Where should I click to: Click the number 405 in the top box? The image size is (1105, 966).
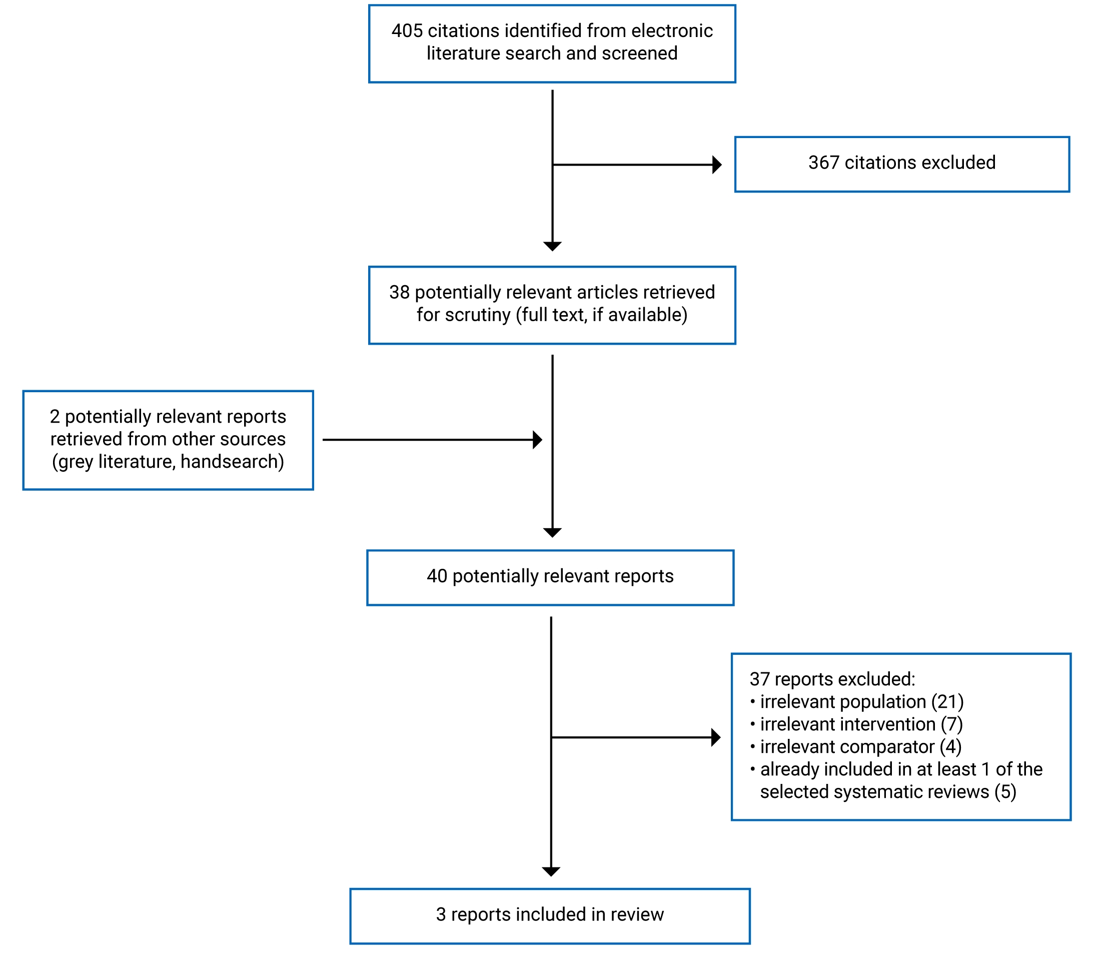point(407,31)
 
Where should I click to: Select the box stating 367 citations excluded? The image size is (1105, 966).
point(901,164)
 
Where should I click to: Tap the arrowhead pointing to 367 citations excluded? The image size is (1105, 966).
point(717,165)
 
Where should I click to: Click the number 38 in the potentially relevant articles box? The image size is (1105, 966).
point(399,292)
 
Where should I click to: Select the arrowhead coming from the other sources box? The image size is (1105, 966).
point(537,440)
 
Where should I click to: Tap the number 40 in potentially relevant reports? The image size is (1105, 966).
point(437,576)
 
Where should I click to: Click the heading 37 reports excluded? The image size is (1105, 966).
point(832,679)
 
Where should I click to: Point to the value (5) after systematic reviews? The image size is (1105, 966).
point(1005,792)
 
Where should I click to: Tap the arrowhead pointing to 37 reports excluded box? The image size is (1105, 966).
point(716,737)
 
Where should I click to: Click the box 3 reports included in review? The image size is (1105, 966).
point(550,915)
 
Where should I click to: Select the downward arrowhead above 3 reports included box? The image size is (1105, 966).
point(551,871)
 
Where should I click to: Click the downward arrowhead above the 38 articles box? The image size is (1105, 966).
point(552,246)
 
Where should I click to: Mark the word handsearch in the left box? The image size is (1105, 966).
point(229,462)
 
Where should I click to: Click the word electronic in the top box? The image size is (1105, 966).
point(672,31)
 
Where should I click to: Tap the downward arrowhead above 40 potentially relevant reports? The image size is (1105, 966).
point(552,533)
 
